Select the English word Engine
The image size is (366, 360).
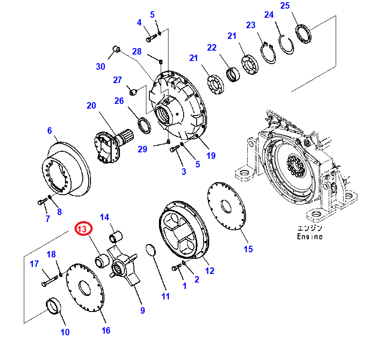point(310,237)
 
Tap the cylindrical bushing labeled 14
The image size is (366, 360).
point(116,237)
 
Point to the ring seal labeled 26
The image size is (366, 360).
point(144,125)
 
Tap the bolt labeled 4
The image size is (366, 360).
point(149,39)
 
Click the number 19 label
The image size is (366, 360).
point(211,156)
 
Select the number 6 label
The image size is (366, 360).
point(49,130)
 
